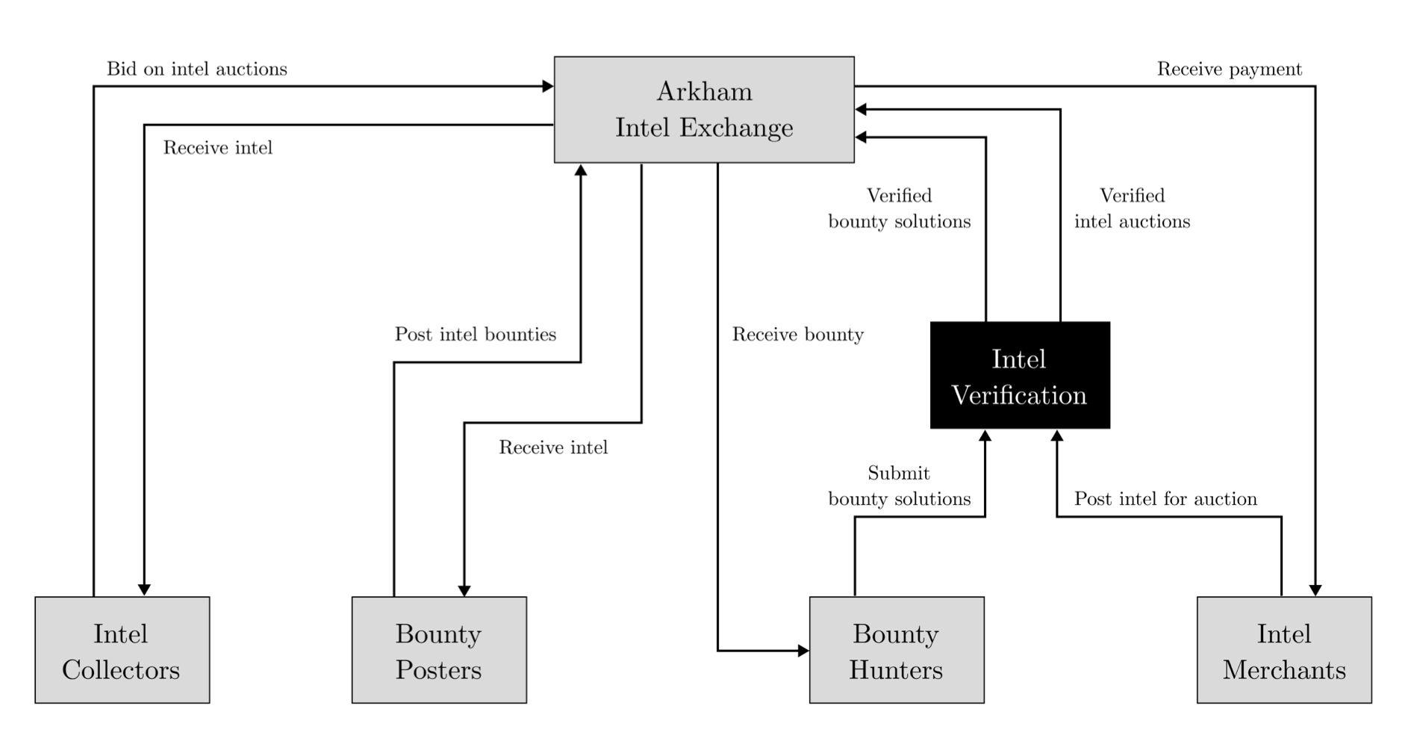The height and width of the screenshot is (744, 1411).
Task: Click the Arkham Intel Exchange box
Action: click(703, 109)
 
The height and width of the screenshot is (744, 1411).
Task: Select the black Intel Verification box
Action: click(1019, 376)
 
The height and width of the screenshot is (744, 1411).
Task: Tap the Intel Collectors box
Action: click(122, 650)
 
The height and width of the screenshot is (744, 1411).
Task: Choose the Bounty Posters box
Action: click(439, 650)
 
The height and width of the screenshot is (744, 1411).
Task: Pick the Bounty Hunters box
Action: click(896, 650)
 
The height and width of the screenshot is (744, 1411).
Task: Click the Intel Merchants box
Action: click(1283, 650)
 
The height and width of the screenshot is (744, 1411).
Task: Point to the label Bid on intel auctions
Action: click(196, 69)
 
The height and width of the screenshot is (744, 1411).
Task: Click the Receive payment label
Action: click(1229, 69)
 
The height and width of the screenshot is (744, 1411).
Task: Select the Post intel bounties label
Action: click(475, 335)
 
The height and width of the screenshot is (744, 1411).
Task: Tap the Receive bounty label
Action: click(797, 335)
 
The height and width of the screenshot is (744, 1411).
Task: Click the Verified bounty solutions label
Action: click(899, 208)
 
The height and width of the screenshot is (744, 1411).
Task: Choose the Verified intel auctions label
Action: click(1132, 208)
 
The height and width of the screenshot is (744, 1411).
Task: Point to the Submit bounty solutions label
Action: click(899, 486)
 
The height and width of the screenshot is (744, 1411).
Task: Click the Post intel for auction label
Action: click(1165, 499)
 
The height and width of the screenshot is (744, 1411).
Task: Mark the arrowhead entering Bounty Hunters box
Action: click(803, 651)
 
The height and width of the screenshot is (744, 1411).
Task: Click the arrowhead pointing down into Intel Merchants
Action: click(1315, 590)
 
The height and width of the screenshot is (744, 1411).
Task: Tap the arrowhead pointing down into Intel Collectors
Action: click(144, 590)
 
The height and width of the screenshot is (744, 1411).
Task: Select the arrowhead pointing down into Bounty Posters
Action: click(464, 590)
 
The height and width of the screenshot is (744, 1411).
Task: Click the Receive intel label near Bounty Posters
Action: click(552, 447)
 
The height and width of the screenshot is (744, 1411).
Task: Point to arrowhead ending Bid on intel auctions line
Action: click(548, 87)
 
